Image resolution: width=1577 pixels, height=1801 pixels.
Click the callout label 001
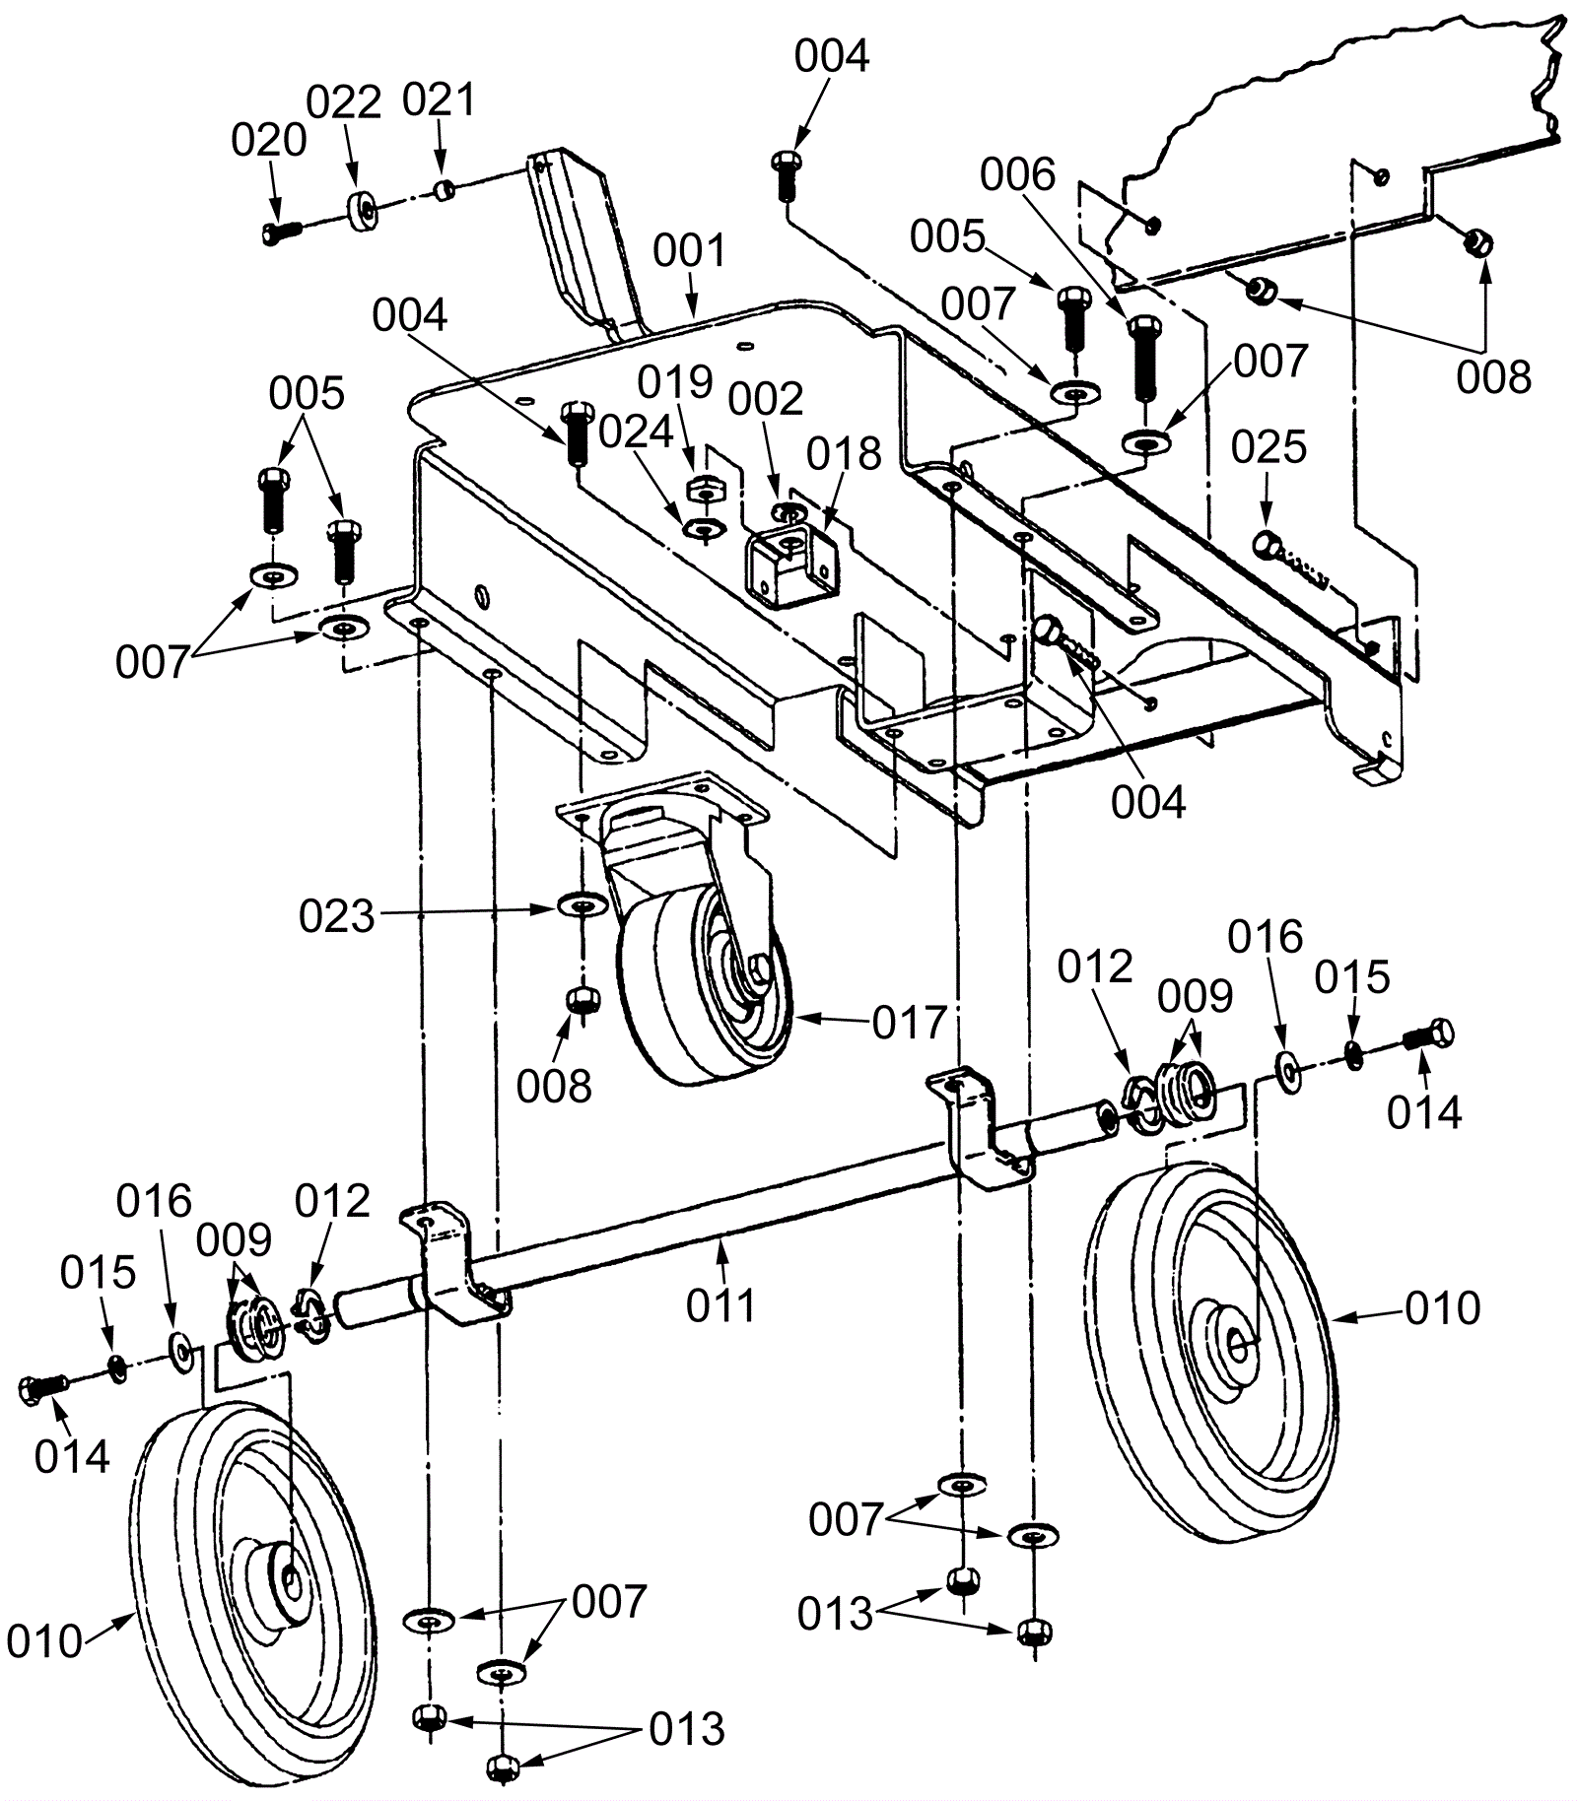point(690,251)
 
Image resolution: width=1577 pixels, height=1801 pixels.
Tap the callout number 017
point(910,1023)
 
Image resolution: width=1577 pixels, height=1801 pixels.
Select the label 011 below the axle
point(721,1305)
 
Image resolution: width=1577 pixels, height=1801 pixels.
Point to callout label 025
point(1268,447)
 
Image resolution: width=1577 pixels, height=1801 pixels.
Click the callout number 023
point(337,917)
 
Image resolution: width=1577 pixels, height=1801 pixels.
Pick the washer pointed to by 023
point(582,902)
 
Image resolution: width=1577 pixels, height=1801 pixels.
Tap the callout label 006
point(1017,175)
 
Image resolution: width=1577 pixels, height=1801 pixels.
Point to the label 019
point(675,381)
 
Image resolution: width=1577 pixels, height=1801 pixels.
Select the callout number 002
point(766,399)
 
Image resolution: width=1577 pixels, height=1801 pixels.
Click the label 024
point(637,432)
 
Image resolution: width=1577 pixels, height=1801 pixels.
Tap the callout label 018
point(844,454)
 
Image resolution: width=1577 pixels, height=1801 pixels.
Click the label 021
point(440,100)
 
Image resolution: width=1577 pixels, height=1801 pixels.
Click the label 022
point(344,102)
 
